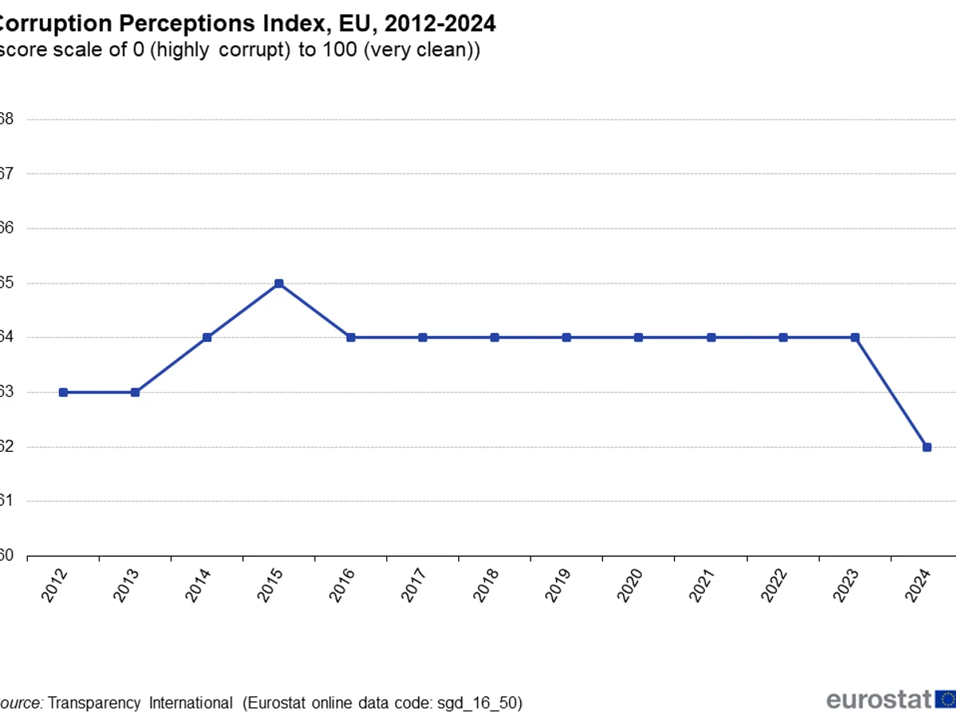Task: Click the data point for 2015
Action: click(x=279, y=284)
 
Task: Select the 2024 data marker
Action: click(x=927, y=447)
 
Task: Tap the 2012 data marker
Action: click(x=63, y=392)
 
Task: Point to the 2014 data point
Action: click(x=207, y=338)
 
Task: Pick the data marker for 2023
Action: click(x=855, y=338)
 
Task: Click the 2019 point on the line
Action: click(x=566, y=338)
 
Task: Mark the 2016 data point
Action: click(x=351, y=338)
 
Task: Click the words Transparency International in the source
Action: click(x=140, y=703)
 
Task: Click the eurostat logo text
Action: click(x=879, y=700)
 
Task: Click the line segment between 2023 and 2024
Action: click(x=891, y=392)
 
